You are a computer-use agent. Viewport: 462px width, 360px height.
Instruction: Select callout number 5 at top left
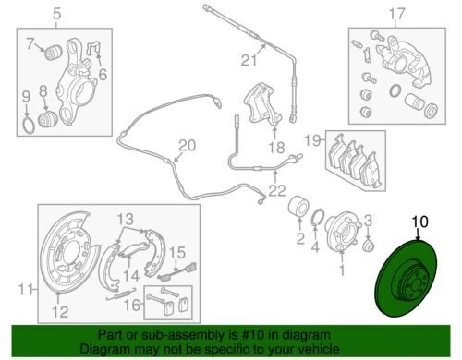pos(56,14)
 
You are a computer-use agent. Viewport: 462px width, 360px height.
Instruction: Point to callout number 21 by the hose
pos(247,62)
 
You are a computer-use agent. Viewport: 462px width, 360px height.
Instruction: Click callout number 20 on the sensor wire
pos(187,146)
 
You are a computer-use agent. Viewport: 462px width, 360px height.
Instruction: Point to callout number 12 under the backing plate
pos(60,310)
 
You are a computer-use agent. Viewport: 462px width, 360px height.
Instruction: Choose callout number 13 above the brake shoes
pos(125,219)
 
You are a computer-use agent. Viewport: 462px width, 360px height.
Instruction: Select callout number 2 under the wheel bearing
pos(299,237)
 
